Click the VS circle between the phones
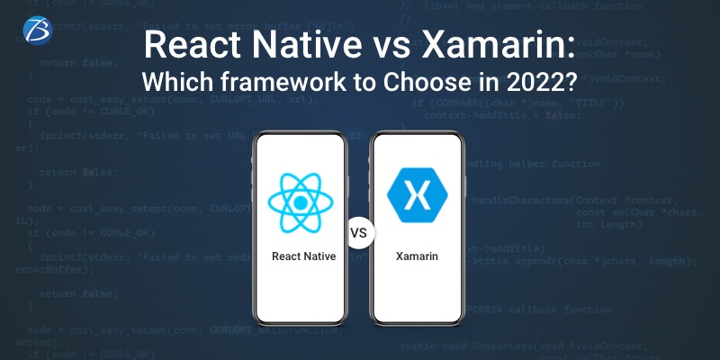point(359,233)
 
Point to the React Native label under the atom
point(304,256)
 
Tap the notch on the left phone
point(304,139)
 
